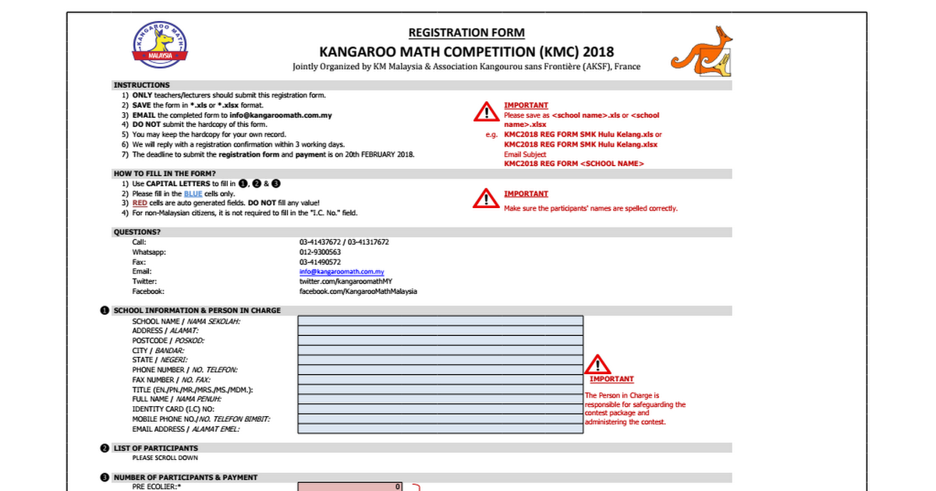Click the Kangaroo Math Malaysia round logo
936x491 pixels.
pos(161,44)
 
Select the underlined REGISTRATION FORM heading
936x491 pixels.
pos(466,33)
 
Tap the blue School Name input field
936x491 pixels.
pos(441,320)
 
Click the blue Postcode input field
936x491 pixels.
pos(441,341)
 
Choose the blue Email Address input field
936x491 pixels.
pos(441,429)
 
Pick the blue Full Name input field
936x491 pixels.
pos(441,399)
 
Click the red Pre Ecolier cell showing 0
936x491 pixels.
pos(350,487)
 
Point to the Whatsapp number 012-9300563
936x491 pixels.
pos(320,253)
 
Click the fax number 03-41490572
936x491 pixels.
pos(320,263)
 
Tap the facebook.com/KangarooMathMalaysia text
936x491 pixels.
pos(358,291)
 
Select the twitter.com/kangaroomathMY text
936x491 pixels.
pos(346,281)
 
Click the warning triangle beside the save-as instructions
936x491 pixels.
pos(487,112)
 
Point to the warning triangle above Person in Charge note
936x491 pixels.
pos(598,365)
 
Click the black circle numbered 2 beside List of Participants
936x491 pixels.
pos(105,448)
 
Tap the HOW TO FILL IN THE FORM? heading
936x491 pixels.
pos(165,173)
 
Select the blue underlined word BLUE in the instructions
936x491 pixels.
pos(193,193)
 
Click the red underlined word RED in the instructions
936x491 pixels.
pos(140,203)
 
